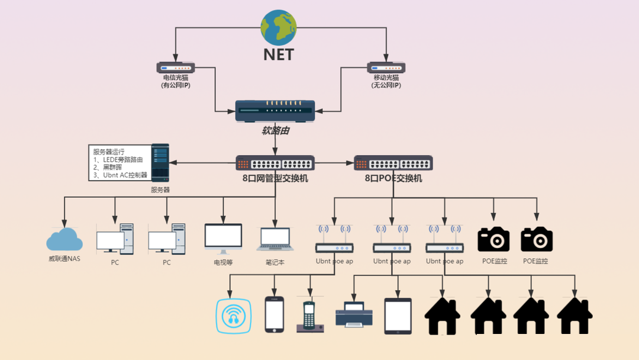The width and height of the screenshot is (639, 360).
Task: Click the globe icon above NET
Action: click(279, 28)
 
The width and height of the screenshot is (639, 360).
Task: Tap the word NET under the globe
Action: click(279, 54)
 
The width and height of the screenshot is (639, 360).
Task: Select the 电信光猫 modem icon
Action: click(176, 67)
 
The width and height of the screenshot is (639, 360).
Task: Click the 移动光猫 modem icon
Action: click(386, 67)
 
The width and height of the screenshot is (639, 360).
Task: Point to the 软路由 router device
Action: click(275, 111)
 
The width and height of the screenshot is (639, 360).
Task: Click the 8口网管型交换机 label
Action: click(275, 178)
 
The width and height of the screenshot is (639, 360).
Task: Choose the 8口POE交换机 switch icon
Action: click(393, 163)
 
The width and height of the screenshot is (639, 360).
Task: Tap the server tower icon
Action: click(160, 162)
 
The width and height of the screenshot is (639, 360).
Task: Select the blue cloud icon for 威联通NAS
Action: click(64, 239)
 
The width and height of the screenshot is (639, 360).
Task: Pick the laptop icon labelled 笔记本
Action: click(275, 239)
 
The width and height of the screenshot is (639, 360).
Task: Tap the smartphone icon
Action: click(274, 314)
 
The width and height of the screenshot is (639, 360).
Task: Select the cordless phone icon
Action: click(308, 316)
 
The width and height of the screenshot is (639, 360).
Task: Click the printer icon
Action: click(354, 314)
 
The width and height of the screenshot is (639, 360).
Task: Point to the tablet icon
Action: click(398, 316)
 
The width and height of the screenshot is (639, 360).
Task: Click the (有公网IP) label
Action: click(176, 85)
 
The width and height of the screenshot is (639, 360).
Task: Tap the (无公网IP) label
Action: click(386, 85)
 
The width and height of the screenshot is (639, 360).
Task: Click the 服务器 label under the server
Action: click(160, 190)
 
